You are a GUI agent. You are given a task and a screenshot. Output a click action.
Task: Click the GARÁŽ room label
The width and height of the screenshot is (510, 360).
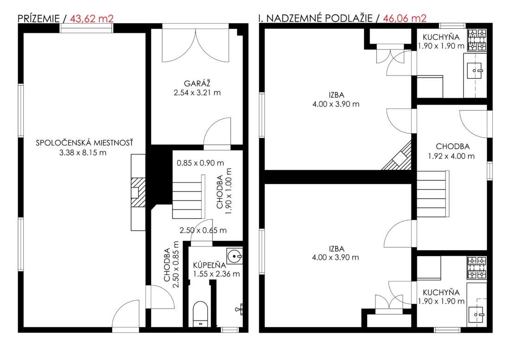197,83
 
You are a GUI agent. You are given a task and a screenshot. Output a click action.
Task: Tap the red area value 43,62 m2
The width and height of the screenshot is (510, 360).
92,19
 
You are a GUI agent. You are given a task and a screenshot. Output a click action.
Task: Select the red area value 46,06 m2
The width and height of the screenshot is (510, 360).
404,18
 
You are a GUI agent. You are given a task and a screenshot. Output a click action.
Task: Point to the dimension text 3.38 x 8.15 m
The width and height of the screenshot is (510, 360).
83,152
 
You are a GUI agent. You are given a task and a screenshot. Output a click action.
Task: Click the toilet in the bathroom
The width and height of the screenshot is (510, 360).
200,314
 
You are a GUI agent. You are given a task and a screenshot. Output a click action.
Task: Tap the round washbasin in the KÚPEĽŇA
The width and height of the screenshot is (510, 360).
235,256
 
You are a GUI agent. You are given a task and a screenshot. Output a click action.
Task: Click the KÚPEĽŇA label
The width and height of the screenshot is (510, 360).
210,265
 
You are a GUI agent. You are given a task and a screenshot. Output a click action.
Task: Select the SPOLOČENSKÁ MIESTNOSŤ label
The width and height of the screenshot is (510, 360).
84,143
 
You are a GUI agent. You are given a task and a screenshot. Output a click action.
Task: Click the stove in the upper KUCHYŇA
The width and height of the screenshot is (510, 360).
477,40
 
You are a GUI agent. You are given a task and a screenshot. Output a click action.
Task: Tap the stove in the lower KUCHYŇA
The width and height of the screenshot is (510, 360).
477,268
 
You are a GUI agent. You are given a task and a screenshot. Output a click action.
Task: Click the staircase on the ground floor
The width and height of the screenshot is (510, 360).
188,197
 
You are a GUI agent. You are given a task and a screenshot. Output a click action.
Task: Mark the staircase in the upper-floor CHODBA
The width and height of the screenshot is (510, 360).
433,194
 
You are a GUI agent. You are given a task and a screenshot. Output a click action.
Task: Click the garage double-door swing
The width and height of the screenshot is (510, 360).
196,45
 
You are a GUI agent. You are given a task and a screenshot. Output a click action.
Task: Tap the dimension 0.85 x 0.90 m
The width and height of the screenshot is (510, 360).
200,163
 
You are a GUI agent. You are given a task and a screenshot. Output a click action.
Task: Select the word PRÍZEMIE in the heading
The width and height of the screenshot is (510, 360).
38,19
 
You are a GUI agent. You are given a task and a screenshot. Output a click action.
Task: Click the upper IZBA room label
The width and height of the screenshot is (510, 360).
336,95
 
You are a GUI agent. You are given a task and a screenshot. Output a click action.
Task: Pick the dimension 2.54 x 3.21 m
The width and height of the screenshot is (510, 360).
197,93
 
